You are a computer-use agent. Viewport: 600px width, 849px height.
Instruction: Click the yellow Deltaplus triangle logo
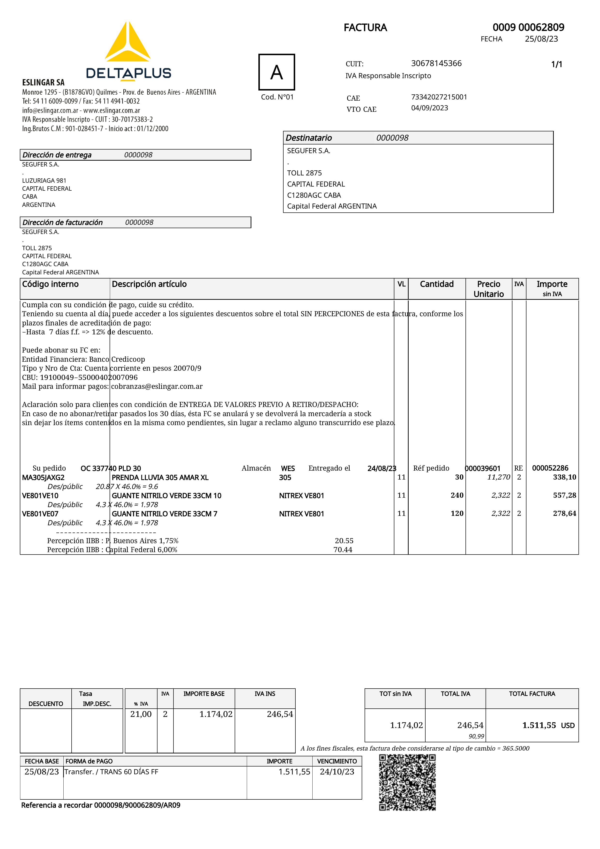click(127, 43)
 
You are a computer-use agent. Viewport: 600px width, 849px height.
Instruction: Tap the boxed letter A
click(277, 72)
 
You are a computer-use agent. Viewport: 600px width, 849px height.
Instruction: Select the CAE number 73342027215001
click(439, 97)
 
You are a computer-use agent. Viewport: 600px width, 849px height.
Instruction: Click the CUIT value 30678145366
click(436, 63)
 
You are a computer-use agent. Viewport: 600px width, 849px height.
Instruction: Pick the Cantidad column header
click(437, 284)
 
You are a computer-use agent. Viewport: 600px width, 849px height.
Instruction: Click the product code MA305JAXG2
click(43, 477)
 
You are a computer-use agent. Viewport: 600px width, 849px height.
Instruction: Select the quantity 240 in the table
click(457, 495)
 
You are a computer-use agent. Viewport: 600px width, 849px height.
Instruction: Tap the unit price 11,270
click(498, 477)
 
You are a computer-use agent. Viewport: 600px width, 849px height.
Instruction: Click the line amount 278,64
click(564, 513)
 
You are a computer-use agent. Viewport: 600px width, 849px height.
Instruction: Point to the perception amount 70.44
click(343, 549)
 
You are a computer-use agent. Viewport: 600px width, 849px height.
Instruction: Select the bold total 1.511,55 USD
click(548, 725)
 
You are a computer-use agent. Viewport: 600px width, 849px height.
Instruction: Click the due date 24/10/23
click(337, 772)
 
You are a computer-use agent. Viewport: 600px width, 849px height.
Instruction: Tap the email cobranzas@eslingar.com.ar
click(157, 386)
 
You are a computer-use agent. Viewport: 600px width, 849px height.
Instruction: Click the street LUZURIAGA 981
click(44, 180)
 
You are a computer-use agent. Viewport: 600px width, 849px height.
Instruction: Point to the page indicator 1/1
click(556, 64)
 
